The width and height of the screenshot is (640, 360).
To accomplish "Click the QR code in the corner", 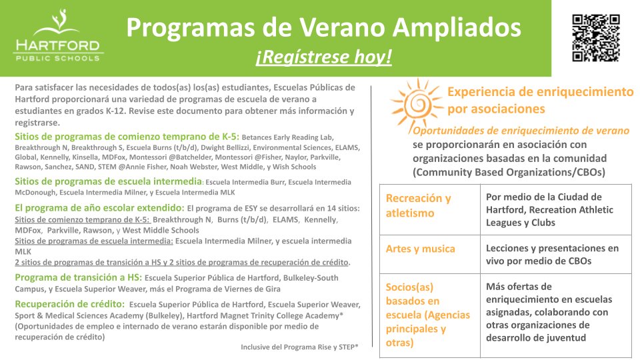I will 596,37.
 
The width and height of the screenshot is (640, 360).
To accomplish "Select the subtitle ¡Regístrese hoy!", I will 323,58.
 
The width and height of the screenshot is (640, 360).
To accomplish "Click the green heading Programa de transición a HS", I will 78,277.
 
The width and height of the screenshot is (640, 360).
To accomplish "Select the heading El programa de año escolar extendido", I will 99,207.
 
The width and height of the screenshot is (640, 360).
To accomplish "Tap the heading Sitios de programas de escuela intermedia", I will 108,181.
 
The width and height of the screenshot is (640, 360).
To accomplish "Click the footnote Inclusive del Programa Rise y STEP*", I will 299,347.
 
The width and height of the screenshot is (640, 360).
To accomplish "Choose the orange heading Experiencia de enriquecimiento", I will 540,91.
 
